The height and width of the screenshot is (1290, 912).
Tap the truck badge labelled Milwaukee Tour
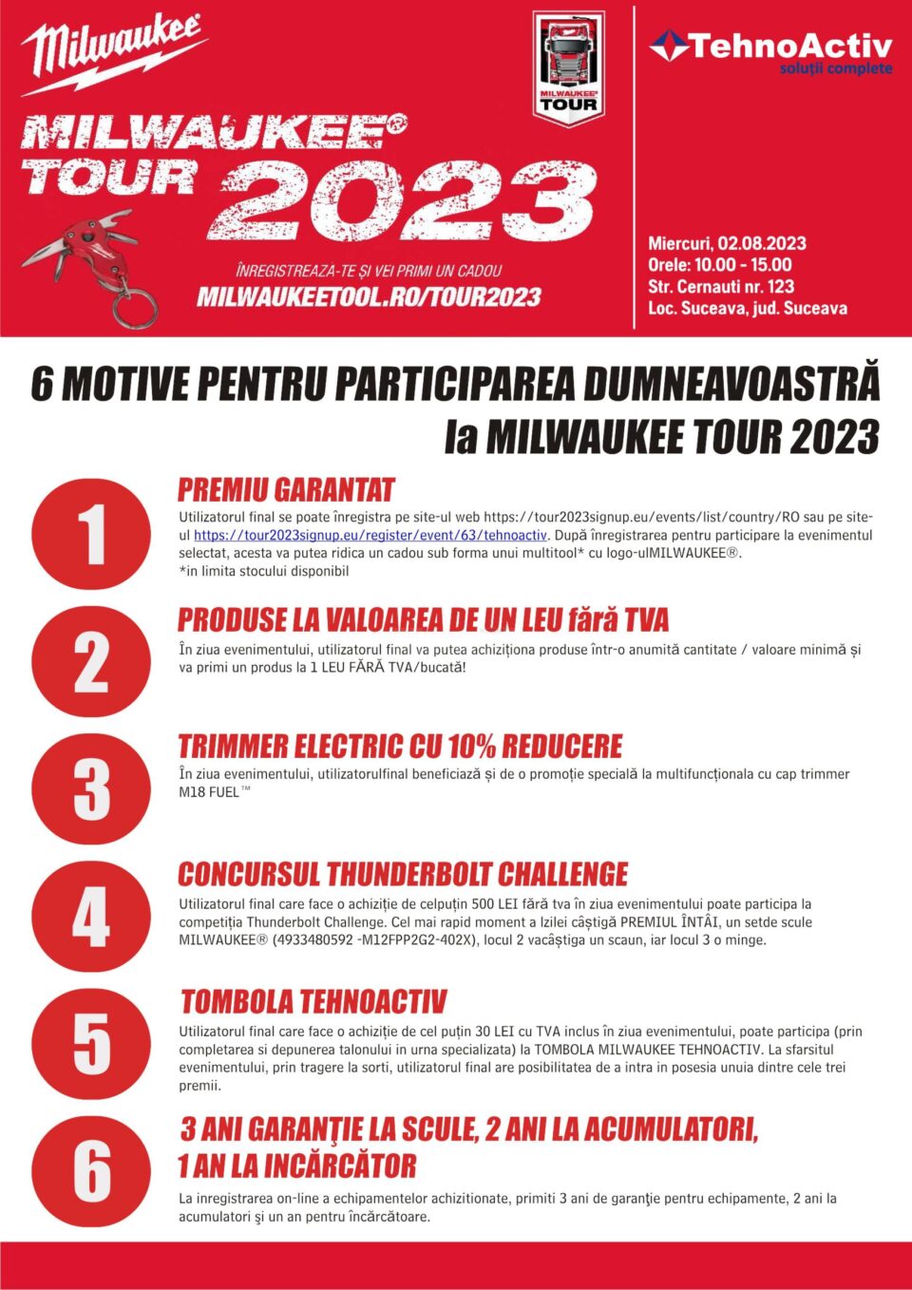pyautogui.click(x=568, y=66)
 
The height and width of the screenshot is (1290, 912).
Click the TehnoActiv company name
pyautogui.click(x=789, y=46)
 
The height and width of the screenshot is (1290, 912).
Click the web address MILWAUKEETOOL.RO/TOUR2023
pyautogui.click(x=369, y=297)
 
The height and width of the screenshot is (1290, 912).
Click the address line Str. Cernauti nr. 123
pyautogui.click(x=721, y=286)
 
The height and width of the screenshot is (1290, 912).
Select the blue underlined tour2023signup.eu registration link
pyautogui.click(x=370, y=536)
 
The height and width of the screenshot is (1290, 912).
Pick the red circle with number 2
pyautogui.click(x=91, y=662)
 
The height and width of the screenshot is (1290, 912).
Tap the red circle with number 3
pyautogui.click(x=91, y=789)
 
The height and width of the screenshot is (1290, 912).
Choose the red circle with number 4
pyautogui.click(x=91, y=917)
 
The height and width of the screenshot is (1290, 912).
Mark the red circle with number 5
pyautogui.click(x=91, y=1044)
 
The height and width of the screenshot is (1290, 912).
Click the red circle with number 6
pyautogui.click(x=91, y=1171)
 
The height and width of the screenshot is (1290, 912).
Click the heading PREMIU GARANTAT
pyautogui.click(x=286, y=490)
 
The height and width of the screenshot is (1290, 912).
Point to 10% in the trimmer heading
pyautogui.click(x=471, y=747)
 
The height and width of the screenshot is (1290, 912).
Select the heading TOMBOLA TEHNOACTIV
pyautogui.click(x=313, y=1002)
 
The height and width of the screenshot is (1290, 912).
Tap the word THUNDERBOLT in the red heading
pyautogui.click(x=409, y=874)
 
